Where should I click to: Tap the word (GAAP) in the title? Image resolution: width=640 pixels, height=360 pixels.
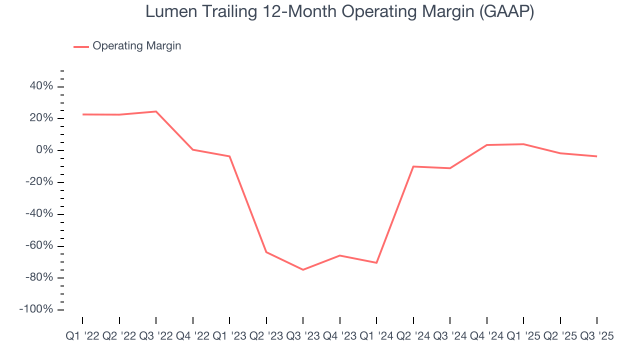[506, 12]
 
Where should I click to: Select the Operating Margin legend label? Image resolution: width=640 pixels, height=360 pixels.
[136, 46]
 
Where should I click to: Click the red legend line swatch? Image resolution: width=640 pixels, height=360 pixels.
[81, 46]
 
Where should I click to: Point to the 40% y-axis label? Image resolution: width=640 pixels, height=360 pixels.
[40, 86]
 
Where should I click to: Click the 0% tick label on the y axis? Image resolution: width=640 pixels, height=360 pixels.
[44, 150]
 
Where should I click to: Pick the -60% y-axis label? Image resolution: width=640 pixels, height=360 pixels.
[38, 246]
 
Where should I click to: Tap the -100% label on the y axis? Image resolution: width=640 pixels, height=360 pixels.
[36, 309]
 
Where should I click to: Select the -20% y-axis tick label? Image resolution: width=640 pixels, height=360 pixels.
[38, 182]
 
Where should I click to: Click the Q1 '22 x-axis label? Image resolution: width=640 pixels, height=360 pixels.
[83, 336]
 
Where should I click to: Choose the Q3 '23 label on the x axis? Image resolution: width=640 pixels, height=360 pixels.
[303, 336]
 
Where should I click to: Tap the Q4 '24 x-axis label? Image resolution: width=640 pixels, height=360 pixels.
[486, 336]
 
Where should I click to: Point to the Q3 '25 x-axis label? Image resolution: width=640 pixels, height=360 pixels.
[596, 336]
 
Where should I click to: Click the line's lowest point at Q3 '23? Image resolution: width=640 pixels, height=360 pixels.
[303, 270]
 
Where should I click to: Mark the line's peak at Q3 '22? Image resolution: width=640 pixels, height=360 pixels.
[156, 111]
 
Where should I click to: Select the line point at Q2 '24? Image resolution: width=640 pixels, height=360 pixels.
[413, 166]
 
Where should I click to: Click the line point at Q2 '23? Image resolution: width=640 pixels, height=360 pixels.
[266, 252]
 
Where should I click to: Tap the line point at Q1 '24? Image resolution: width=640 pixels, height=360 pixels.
[376, 263]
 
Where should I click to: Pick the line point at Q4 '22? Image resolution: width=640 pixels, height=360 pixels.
[193, 149]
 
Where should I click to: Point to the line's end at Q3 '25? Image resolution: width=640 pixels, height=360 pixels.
[596, 156]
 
